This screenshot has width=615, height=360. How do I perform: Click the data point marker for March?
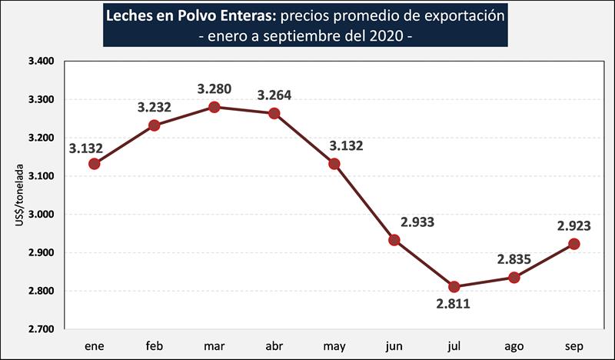click(214, 107)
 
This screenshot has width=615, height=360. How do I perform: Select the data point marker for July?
click(454, 286)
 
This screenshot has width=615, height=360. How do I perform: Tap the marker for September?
click(573, 244)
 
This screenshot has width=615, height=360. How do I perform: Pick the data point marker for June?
click(394, 240)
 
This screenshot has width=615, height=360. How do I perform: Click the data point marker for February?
click(154, 125)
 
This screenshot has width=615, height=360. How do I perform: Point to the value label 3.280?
click(214, 88)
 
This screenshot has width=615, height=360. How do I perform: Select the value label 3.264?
click(274, 95)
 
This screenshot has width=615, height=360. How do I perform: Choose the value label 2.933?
click(418, 223)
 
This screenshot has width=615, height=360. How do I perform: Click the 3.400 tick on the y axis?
click(42, 62)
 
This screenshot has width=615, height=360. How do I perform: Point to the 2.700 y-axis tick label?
click(42, 329)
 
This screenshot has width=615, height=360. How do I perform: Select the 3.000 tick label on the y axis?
click(42, 215)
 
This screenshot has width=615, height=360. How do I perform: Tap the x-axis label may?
click(334, 344)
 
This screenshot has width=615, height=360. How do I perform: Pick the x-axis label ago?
click(514, 344)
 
